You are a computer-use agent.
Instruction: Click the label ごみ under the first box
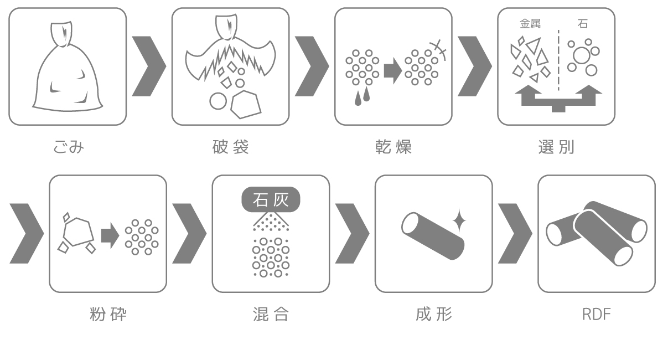coord(69,147)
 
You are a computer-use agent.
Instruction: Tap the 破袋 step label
coord(231,147)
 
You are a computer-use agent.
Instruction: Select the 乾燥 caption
coord(393,147)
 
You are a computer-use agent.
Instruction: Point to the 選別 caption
coord(556,147)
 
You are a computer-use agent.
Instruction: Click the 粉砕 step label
coord(108,314)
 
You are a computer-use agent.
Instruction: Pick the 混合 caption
coord(271,314)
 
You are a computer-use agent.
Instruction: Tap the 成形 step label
coord(433,314)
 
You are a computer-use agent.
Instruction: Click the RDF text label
coord(597,315)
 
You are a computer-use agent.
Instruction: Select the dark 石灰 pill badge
coord(271,199)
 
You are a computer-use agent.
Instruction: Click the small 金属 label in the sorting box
coord(530,24)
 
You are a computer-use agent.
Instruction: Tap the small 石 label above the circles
coord(582,24)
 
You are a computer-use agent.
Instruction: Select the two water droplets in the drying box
coord(362,96)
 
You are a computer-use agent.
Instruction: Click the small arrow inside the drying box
coord(393,71)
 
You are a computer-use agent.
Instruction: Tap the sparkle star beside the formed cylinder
coord(459,221)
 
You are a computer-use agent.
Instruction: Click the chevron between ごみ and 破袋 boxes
coord(149,66)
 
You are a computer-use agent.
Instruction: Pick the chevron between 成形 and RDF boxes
coord(515,233)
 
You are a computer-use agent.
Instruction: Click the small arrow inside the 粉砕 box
coord(110,235)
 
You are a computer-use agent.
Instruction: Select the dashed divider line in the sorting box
coord(558,60)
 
